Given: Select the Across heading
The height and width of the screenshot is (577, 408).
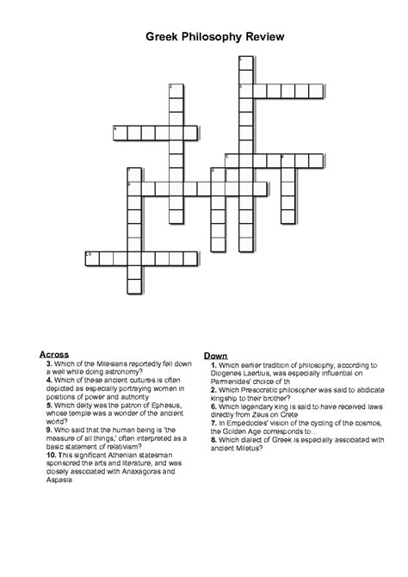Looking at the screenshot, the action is [54, 354].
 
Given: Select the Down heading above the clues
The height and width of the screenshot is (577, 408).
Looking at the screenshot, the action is [214, 356].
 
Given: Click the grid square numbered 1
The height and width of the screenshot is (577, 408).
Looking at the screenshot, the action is [245, 61].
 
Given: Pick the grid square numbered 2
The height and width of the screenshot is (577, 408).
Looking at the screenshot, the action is [176, 90].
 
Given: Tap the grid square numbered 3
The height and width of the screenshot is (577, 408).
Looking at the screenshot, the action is [245, 90].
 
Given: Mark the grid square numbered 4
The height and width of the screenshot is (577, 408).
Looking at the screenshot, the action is [120, 132].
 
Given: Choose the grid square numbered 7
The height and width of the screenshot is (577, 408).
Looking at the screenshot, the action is [133, 172].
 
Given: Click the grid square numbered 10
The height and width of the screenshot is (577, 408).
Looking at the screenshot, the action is [91, 257].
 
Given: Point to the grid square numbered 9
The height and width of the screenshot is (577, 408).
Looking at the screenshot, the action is [133, 187].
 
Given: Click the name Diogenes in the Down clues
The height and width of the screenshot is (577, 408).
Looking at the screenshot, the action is [227, 373].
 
